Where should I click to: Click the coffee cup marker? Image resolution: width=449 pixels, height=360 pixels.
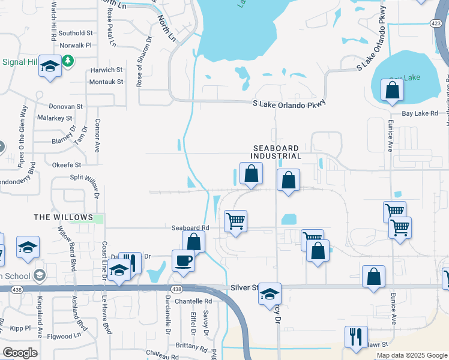(182, 261)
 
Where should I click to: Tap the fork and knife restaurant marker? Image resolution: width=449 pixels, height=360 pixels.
(355, 338)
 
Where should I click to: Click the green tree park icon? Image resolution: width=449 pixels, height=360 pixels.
(68, 61)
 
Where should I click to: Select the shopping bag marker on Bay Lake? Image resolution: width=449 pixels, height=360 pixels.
(392, 91)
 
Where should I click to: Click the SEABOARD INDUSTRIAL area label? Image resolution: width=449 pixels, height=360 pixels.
(276, 152)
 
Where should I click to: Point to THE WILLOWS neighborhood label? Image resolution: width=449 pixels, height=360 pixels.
(64, 217)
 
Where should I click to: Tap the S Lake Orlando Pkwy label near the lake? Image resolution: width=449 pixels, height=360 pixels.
(289, 103)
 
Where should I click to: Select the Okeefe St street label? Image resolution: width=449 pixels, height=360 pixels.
(67, 164)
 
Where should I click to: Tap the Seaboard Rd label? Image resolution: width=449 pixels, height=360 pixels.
(190, 228)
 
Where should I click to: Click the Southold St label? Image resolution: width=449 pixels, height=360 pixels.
(76, 33)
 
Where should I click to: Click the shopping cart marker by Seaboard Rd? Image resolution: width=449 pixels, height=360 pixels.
(235, 221)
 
